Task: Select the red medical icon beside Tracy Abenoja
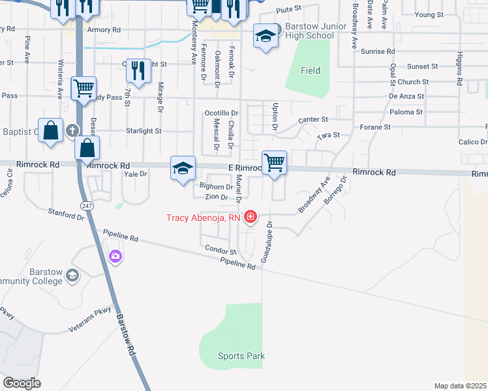point(250,217)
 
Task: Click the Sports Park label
point(241,356)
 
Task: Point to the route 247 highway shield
point(86,205)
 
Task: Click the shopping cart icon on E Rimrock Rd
point(275,163)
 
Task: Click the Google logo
point(22,383)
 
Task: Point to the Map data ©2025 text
point(459,386)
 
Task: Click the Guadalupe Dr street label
point(267,242)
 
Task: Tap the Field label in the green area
point(311,70)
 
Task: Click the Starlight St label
point(144,131)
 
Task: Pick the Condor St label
point(220,250)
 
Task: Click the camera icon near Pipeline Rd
point(116,256)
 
